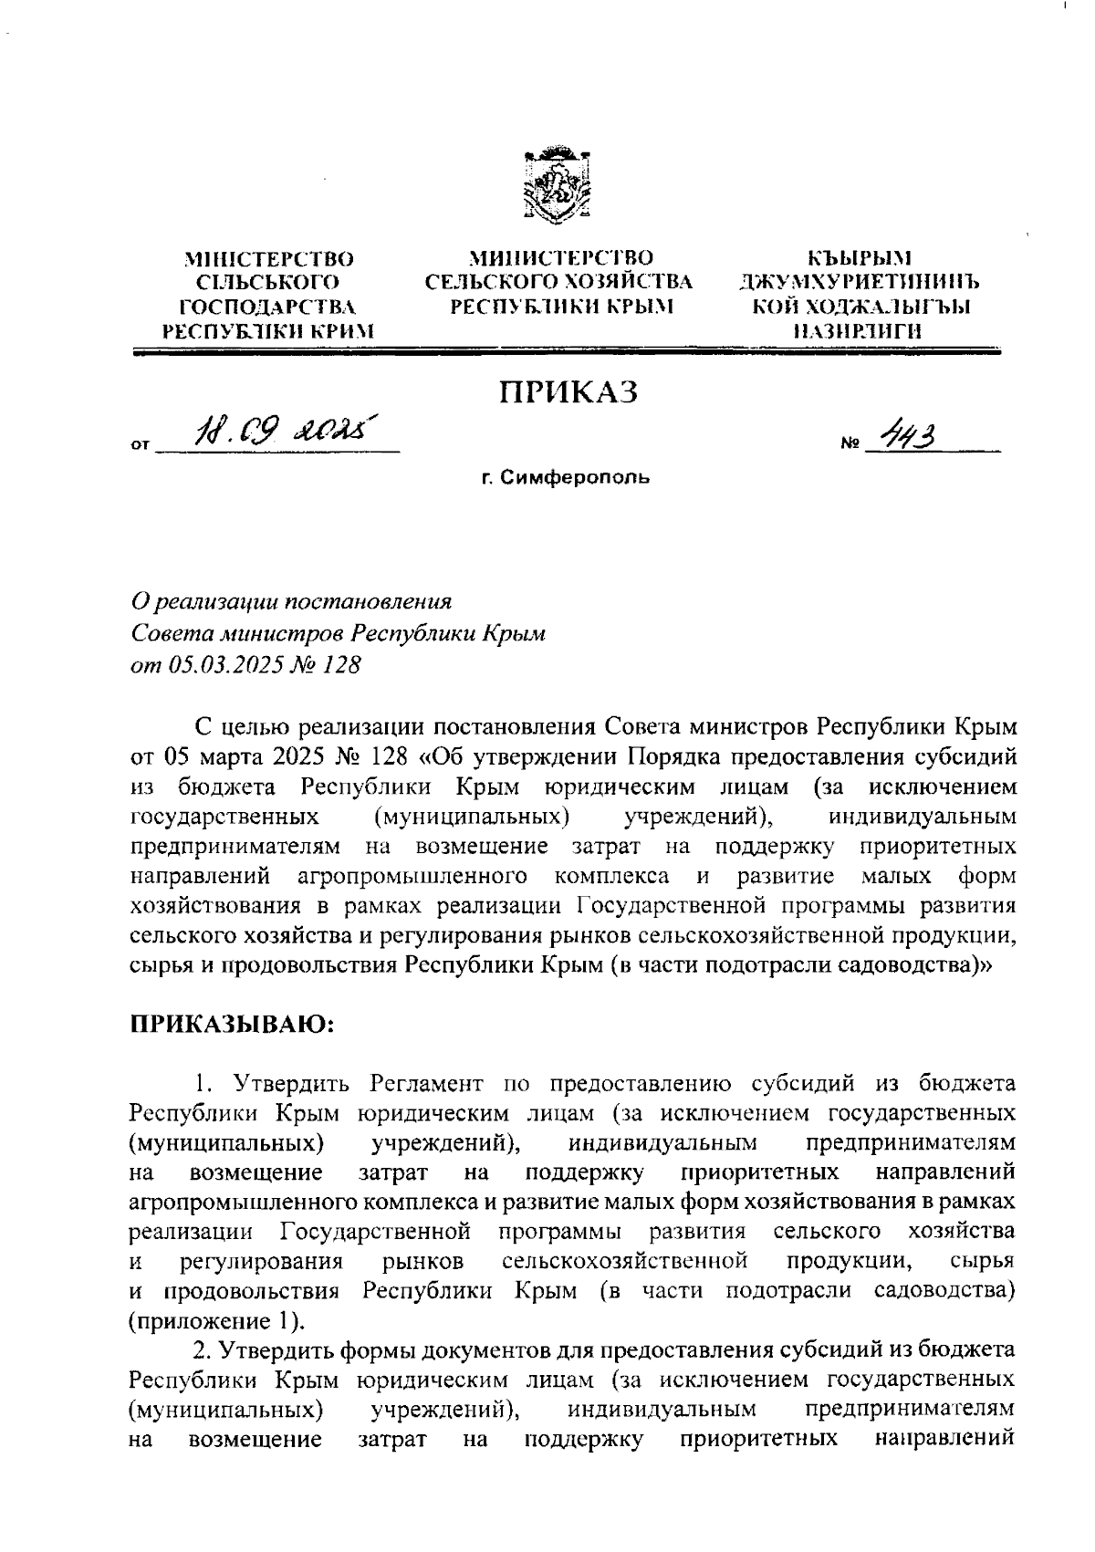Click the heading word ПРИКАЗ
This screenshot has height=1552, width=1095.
(568, 391)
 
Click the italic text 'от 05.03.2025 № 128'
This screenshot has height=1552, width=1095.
(246, 665)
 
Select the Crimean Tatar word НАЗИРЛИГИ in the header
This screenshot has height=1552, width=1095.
(859, 331)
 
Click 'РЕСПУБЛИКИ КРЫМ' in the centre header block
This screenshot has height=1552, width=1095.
(560, 307)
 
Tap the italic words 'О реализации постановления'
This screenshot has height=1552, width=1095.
(292, 601)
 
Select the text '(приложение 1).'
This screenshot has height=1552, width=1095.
(218, 1320)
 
